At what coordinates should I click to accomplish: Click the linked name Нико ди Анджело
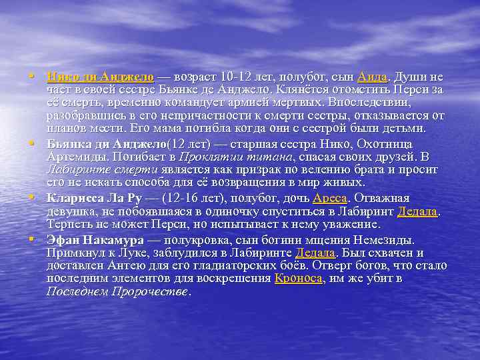(x=100, y=77)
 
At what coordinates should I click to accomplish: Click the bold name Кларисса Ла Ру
(x=95, y=198)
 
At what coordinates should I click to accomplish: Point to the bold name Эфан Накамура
(x=95, y=240)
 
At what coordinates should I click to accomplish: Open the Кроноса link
(x=298, y=279)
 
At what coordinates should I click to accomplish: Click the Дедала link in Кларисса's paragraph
(x=417, y=211)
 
